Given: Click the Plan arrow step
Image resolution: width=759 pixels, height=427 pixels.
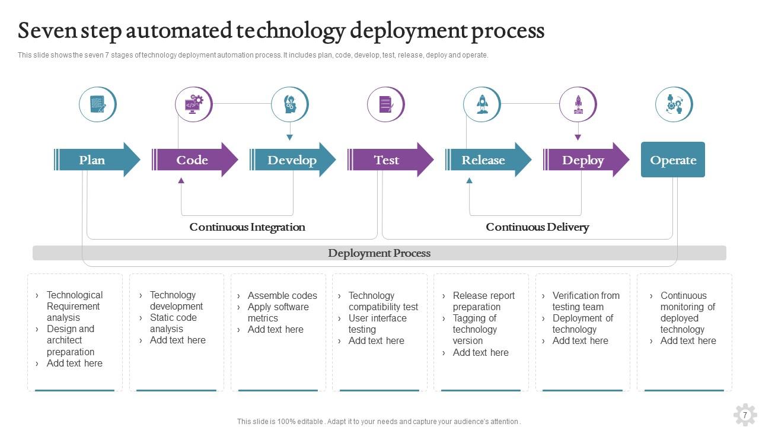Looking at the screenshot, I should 95,160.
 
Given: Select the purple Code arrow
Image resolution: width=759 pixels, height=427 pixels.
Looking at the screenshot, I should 193,160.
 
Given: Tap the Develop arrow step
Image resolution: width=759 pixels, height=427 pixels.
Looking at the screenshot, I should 292,160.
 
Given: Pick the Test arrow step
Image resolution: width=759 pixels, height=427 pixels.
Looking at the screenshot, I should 388,160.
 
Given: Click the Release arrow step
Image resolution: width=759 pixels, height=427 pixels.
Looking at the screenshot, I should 485,160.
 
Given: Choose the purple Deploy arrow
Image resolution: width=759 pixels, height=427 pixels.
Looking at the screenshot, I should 584,160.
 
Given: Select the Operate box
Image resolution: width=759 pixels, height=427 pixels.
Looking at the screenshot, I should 673,160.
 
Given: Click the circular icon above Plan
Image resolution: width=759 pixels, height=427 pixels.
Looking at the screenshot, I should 98,104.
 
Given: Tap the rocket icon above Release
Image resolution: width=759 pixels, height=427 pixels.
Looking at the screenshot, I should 482,104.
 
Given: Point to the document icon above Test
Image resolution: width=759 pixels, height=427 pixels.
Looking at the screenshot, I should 386,104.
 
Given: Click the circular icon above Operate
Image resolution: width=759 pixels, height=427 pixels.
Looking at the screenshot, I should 674,104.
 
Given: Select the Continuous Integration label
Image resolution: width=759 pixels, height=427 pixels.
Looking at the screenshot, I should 247,227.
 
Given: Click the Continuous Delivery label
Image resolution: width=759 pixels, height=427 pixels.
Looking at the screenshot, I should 537,227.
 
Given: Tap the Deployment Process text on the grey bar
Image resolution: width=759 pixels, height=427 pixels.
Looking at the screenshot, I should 379,253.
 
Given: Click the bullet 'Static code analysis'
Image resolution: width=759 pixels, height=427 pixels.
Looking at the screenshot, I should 173,323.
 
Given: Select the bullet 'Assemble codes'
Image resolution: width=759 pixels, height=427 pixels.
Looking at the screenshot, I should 282,295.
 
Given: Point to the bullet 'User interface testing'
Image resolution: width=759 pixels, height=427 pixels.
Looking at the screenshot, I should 377,324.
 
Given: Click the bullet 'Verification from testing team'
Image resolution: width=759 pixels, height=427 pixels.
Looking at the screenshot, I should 585,301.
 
